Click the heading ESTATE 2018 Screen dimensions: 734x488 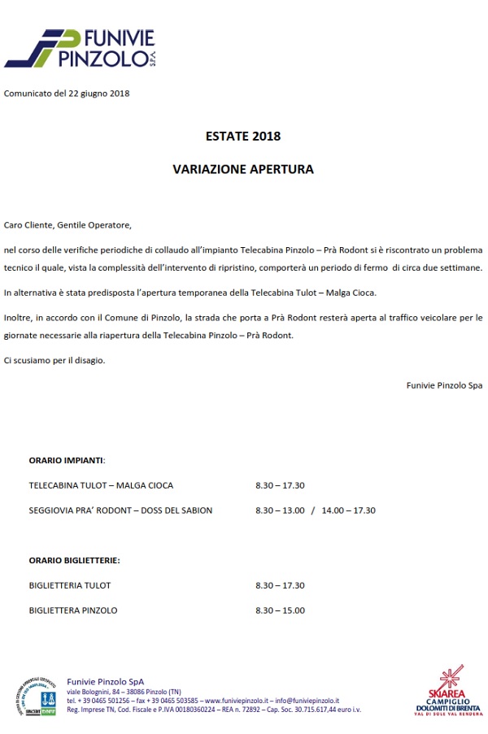[243, 136]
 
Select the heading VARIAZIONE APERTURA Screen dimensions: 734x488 [243, 170]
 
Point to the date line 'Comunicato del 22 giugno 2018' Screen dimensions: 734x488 [67, 93]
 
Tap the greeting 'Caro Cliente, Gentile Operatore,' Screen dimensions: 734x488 [68, 224]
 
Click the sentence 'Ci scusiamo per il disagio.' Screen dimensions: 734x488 [54, 359]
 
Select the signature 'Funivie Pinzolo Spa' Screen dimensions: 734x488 [444, 385]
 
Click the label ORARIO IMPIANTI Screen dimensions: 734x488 [67, 460]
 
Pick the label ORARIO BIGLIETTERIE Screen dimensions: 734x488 [74, 560]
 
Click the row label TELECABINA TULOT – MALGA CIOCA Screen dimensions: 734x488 [101, 485]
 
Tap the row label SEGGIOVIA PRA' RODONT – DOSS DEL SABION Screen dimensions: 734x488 [120, 510]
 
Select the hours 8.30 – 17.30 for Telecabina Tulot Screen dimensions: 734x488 [280, 485]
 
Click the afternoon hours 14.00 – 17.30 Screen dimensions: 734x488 [349, 510]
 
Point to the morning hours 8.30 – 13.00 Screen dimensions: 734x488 [280, 510]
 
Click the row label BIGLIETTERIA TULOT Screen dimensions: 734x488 [70, 585]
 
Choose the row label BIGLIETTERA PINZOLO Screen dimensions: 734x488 [73, 610]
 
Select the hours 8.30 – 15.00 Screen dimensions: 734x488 [280, 610]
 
